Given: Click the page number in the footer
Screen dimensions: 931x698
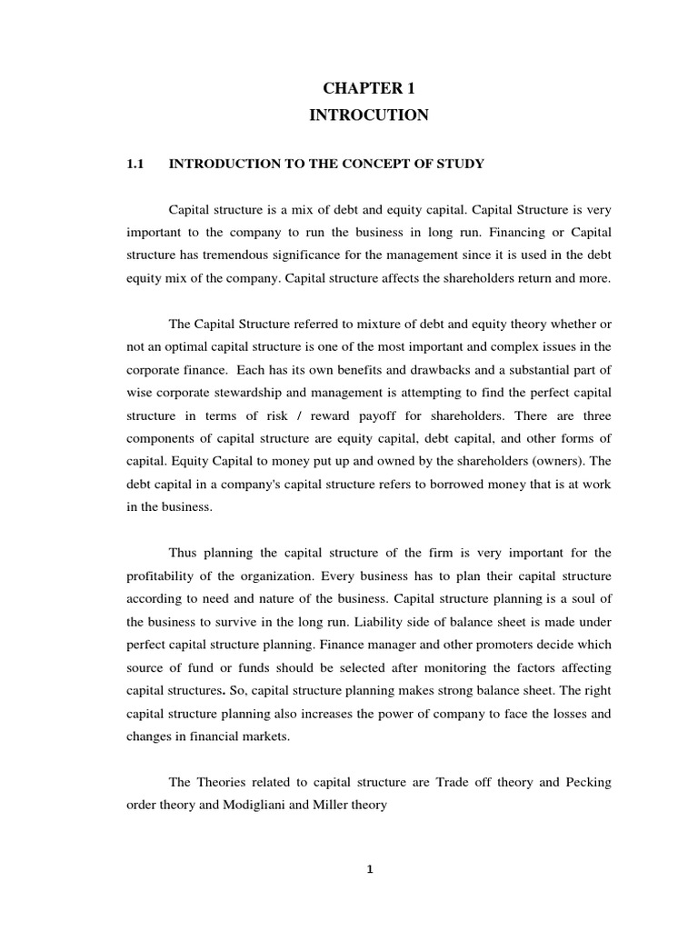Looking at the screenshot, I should coord(369,870).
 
